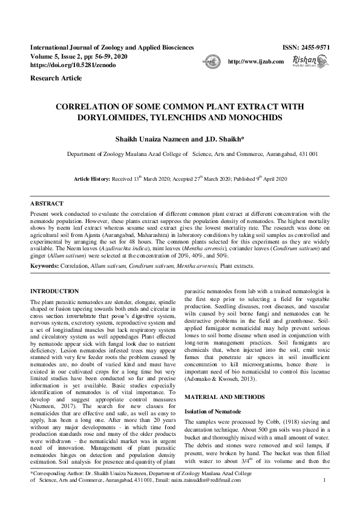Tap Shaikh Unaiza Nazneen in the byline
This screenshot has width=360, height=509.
coord(153,138)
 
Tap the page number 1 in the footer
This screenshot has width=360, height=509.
coord(325,497)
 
